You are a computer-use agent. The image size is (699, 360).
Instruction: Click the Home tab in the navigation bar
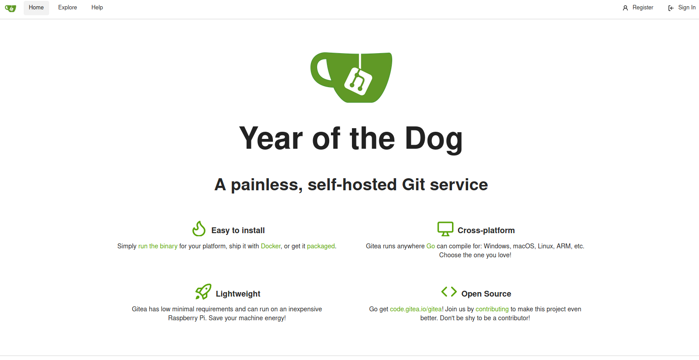coord(36,8)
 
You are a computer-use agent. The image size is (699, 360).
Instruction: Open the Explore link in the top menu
coord(67,8)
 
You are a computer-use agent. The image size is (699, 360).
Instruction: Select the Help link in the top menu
coord(97,8)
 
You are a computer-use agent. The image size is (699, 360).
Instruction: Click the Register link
coord(638,8)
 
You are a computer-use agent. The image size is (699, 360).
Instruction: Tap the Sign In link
coord(682,8)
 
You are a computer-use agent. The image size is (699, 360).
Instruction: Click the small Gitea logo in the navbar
coord(11,8)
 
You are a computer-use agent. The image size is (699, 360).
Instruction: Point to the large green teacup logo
coord(351,77)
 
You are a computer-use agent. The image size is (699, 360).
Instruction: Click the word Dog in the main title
coord(434,138)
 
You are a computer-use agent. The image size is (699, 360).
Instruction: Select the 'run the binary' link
coord(158,246)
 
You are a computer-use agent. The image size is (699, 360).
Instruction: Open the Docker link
coord(271,246)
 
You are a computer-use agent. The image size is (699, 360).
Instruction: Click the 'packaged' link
coord(321,246)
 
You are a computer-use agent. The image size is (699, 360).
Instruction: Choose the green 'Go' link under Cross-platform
coord(431,246)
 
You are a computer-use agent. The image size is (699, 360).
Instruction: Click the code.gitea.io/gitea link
coord(416,309)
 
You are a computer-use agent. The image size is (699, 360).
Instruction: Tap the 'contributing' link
coord(492,309)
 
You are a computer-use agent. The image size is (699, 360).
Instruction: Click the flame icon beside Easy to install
coord(199,229)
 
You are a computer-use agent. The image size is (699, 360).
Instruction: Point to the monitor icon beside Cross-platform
coord(445,229)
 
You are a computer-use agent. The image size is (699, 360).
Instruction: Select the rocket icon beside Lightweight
coord(203,292)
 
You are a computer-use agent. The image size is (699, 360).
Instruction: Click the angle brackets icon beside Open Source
coord(449,292)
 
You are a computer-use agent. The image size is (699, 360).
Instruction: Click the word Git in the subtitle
coord(413,184)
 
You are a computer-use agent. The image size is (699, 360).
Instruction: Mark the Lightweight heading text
coord(238,294)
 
